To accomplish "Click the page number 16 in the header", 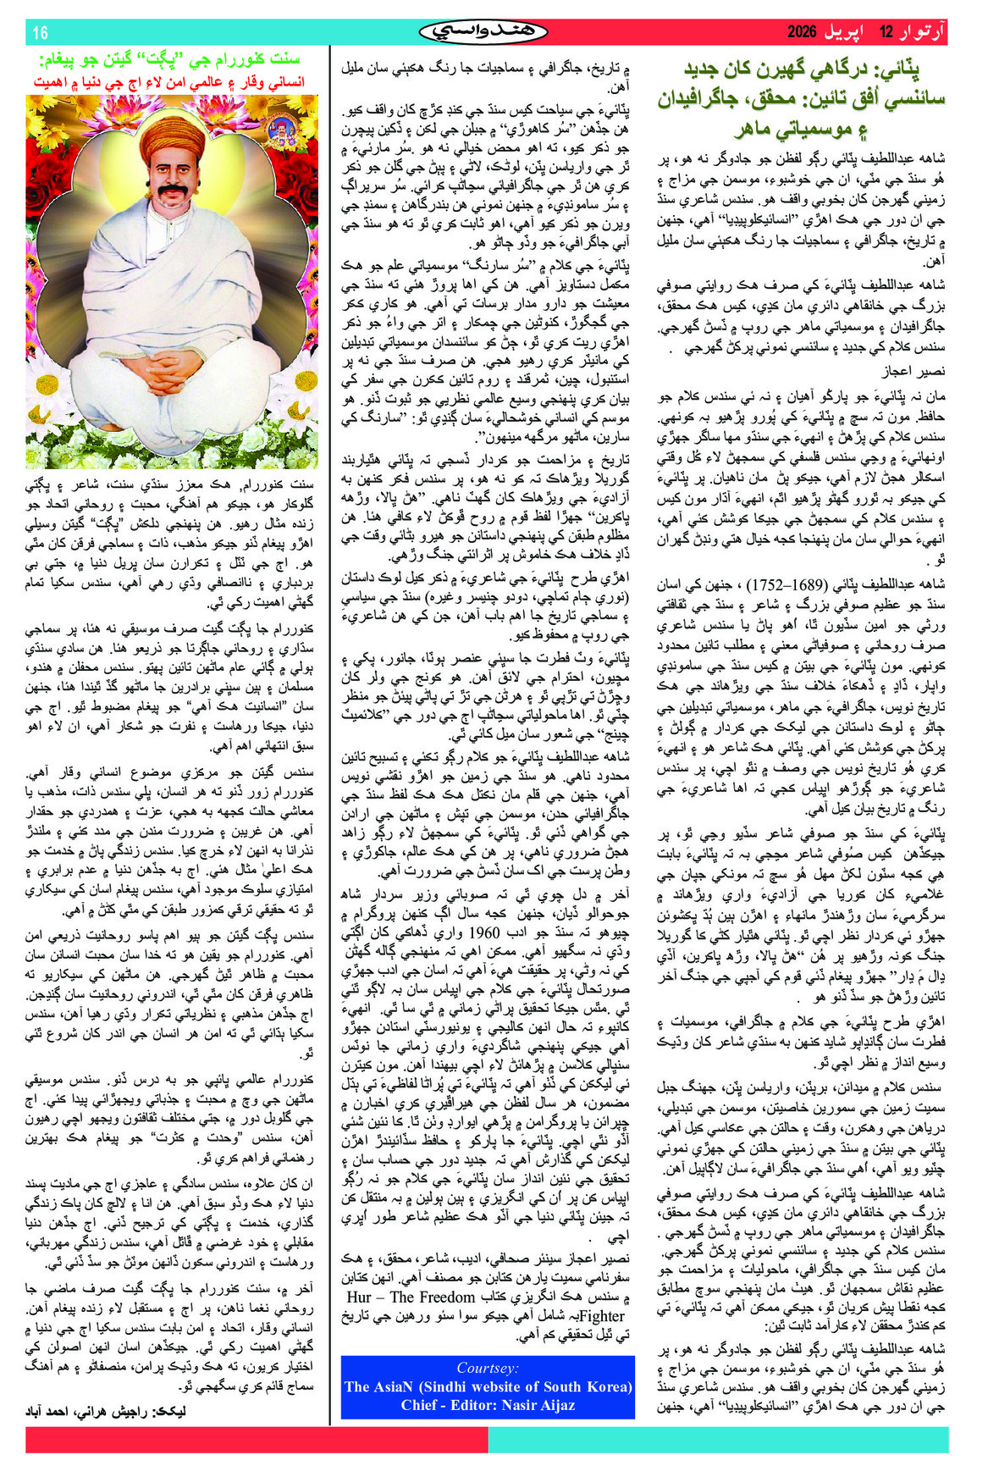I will [40, 33].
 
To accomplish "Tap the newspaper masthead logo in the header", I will [483, 32].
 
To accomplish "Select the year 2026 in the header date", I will [803, 33].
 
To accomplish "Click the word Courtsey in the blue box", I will [487, 1367].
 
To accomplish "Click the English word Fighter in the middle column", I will [602, 1315].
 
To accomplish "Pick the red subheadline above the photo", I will [168, 82].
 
